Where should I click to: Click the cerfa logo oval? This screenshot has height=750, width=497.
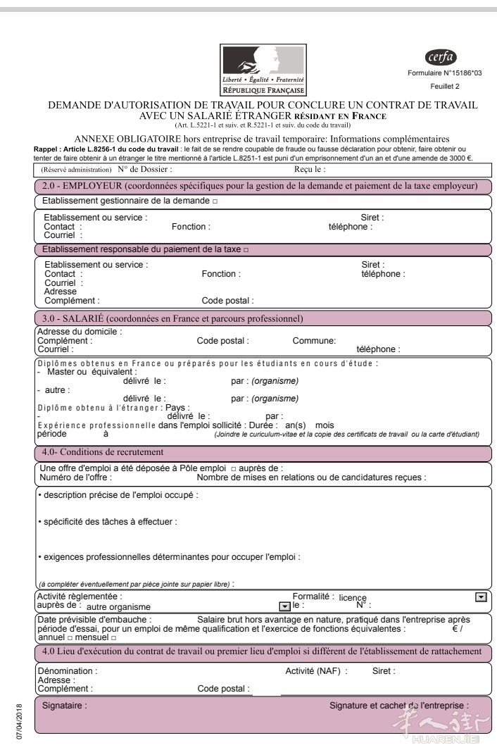441,57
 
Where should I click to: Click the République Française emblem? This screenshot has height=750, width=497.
263,70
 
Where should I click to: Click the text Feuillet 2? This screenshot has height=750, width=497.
444,86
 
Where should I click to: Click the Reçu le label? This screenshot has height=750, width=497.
309,169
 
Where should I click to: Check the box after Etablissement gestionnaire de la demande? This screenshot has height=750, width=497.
215,201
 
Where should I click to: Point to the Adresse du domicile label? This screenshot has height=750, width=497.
79,331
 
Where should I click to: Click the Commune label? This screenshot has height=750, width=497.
314,340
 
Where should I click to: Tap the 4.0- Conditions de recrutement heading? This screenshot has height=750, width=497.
103,451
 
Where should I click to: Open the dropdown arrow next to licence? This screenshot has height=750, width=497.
481,596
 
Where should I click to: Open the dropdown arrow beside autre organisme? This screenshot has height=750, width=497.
284,606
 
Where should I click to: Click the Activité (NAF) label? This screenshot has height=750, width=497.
316,671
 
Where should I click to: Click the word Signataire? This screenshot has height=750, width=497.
65,705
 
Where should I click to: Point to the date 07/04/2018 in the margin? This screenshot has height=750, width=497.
21,719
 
